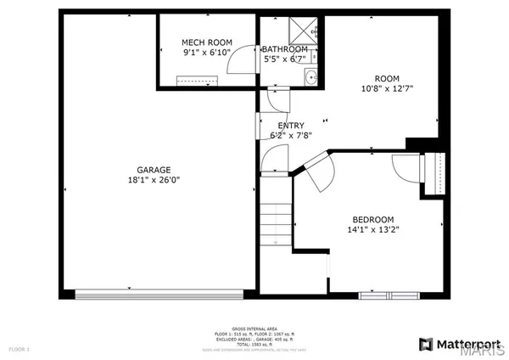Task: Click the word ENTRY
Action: tap(291, 126)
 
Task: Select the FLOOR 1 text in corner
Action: tap(19, 349)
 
